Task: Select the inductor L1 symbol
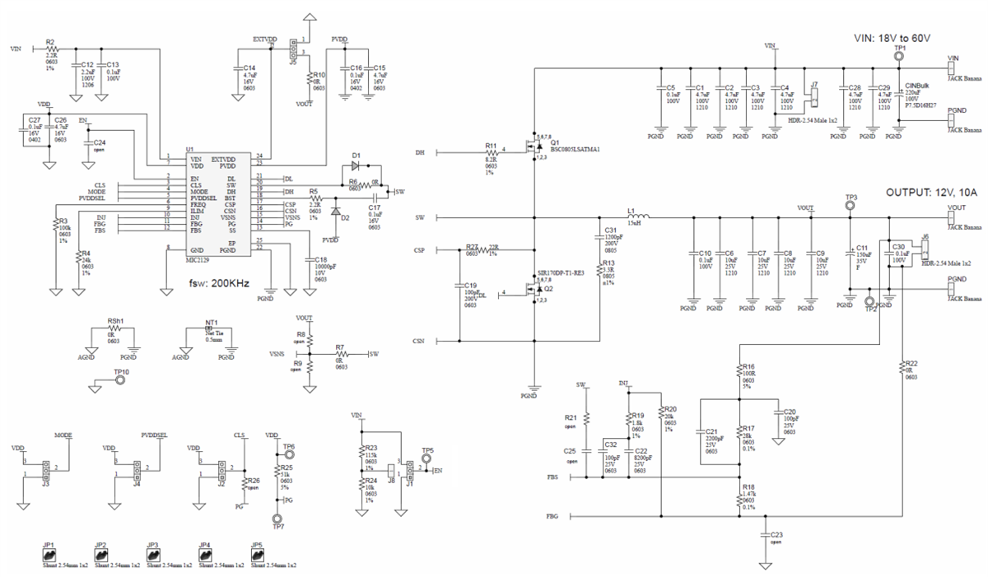pos(632,218)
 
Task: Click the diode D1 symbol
pos(356,165)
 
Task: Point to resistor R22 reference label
pos(911,363)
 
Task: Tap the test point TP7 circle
pos(277,519)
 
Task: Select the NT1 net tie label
pos(212,322)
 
